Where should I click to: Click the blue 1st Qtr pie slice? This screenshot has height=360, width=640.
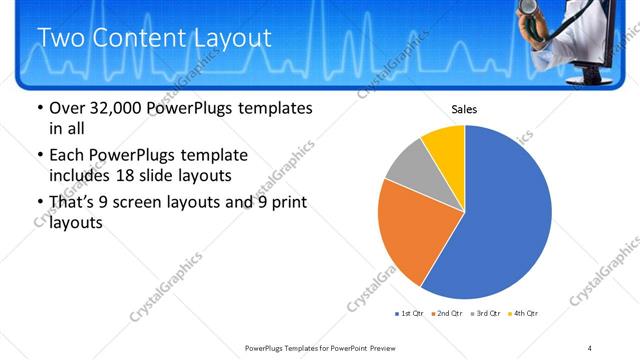(x=505, y=215)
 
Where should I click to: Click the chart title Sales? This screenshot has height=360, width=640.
(x=464, y=109)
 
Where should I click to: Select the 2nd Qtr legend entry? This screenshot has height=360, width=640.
(x=445, y=314)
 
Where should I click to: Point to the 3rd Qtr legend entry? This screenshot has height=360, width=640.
(x=485, y=314)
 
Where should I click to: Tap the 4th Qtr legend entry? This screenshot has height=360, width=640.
(x=523, y=314)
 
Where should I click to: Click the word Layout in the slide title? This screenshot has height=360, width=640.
(x=225, y=38)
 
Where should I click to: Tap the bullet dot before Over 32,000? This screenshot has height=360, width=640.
(x=39, y=108)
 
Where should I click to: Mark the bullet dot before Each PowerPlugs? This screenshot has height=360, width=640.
(x=39, y=156)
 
